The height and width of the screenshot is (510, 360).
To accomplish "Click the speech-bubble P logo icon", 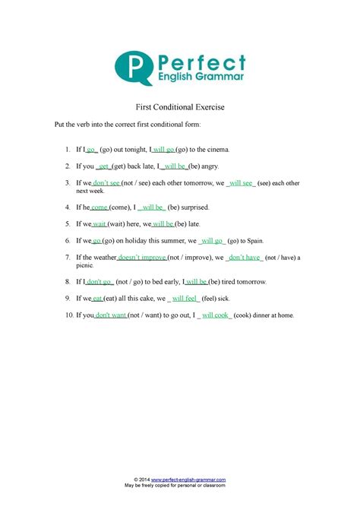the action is click(130, 68).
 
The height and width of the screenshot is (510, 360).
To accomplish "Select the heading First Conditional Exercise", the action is click(179, 108).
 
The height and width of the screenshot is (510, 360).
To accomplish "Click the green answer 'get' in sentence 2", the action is click(104, 166).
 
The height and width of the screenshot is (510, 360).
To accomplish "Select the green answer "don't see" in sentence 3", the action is click(106, 183).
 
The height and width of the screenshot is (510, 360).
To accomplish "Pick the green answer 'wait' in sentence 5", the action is click(99, 224).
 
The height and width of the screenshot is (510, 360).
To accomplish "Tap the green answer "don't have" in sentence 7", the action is click(245, 258).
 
